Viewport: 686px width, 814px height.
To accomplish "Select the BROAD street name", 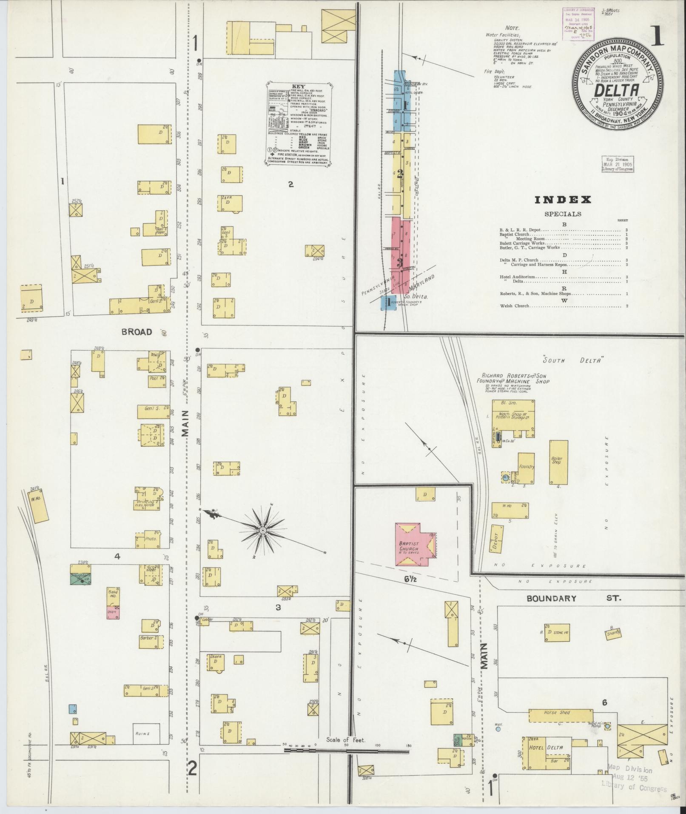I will (x=137, y=332).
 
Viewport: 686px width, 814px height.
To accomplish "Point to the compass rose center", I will (x=263, y=531).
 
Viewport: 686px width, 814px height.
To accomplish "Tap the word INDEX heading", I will (x=563, y=200).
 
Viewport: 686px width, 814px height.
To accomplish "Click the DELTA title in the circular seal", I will (x=617, y=90).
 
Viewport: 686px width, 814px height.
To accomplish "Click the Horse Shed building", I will (x=556, y=713).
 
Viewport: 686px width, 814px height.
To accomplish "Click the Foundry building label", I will (x=526, y=467).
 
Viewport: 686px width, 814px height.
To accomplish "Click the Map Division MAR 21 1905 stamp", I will (x=617, y=164).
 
